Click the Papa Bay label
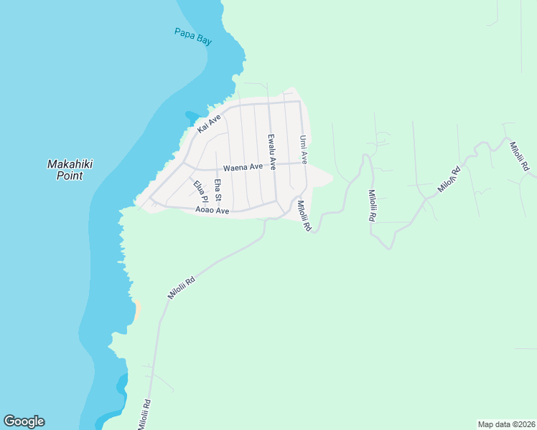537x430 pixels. [193, 37]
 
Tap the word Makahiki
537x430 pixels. [70, 164]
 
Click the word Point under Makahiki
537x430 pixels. [70, 176]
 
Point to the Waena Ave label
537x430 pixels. [243, 168]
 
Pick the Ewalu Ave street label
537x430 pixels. [271, 152]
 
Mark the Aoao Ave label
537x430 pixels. [212, 211]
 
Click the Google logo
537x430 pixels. [24, 421]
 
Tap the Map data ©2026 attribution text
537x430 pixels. [505, 424]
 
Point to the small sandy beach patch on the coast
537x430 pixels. [136, 310]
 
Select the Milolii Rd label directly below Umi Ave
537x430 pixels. [304, 215]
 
